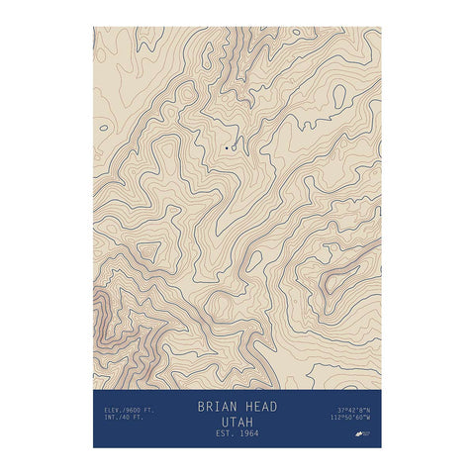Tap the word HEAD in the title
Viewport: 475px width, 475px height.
pyautogui.click(x=260, y=407)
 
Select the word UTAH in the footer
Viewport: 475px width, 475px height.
pyautogui.click(x=237, y=421)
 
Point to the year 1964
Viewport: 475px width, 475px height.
pyautogui.click(x=248, y=433)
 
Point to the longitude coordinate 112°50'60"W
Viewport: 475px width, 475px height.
pyautogui.click(x=351, y=417)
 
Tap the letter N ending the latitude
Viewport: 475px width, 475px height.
pyautogui.click(x=370, y=408)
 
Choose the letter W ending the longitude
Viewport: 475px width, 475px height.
pyautogui.click(x=370, y=417)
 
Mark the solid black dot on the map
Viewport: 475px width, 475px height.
pyautogui.click(x=227, y=148)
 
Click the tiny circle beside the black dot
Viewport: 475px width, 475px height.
pyautogui.click(x=234, y=148)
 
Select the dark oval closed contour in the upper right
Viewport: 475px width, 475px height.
pyautogui.click(x=339, y=95)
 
